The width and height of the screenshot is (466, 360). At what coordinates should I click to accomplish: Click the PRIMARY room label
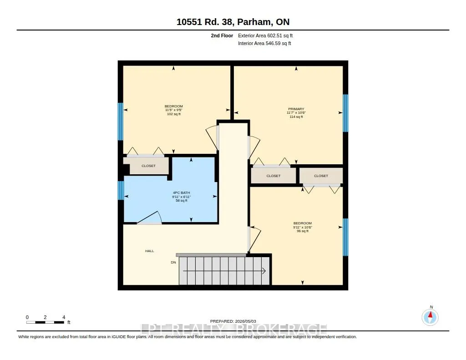tap(296, 109)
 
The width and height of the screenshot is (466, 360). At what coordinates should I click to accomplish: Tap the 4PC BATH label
tap(181, 193)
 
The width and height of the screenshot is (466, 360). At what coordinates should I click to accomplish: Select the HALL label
tap(149, 251)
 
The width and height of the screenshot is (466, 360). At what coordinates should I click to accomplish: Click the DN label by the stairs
tap(173, 262)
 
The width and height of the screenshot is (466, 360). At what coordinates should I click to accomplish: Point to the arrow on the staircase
tap(224, 271)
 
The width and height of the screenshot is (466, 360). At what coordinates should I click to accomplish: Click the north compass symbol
tap(430, 317)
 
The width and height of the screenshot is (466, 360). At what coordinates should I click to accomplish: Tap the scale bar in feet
tap(45, 322)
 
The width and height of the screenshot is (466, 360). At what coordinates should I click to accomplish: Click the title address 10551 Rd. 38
tap(205, 22)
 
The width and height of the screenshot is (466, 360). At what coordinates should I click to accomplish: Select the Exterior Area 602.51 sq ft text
tap(265, 35)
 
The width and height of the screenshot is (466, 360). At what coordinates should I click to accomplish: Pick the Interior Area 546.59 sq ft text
tap(264, 43)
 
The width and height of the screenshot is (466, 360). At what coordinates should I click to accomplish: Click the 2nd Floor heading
tap(222, 35)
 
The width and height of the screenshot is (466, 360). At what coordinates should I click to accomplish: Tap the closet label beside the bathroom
tap(148, 166)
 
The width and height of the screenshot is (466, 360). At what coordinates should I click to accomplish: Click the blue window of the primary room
tap(345, 113)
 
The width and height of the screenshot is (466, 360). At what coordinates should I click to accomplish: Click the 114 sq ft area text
tap(296, 117)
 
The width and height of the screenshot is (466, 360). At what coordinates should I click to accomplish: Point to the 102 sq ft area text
tap(173, 114)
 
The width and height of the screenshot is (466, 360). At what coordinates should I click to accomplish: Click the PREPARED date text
tap(233, 321)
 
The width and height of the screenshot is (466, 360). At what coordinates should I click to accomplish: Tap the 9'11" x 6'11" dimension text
tap(181, 197)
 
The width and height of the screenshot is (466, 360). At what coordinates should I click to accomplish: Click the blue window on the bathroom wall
tap(121, 191)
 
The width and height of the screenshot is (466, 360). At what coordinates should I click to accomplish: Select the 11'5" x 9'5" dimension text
tap(173, 110)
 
